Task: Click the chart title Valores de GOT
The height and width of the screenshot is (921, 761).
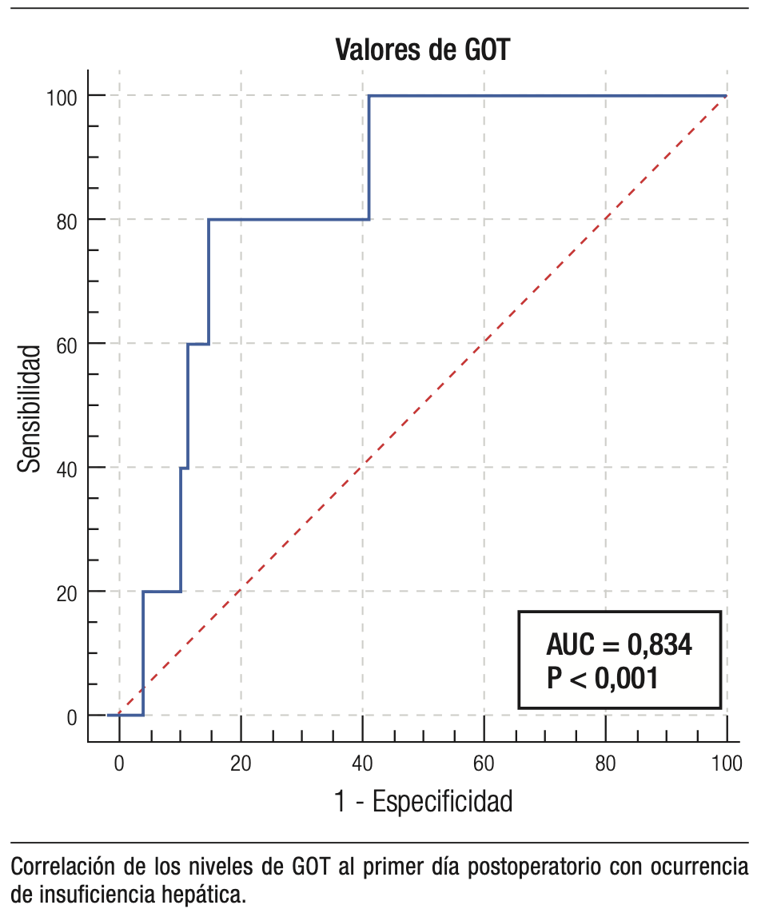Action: (422, 50)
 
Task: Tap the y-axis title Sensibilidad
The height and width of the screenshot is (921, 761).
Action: (30, 408)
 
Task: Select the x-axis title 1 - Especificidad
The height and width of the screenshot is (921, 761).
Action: (423, 800)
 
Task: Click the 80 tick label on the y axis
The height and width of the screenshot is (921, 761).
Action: (66, 220)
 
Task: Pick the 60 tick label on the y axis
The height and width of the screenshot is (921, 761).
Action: (66, 344)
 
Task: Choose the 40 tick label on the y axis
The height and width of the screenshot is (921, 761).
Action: (66, 468)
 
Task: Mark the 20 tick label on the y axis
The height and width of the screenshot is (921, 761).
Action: (66, 592)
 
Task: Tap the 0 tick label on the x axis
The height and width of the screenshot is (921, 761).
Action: (119, 764)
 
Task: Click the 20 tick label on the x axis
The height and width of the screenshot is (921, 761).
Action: (241, 764)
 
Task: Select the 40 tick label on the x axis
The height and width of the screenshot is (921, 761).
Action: (362, 764)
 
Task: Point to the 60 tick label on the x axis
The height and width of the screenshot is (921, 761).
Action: (484, 764)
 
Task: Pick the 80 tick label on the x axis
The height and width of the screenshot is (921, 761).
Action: (605, 764)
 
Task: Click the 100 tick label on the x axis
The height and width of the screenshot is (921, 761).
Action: (726, 764)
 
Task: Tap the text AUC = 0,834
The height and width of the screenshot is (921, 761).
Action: (619, 644)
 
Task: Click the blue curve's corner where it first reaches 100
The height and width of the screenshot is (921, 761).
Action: (369, 96)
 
